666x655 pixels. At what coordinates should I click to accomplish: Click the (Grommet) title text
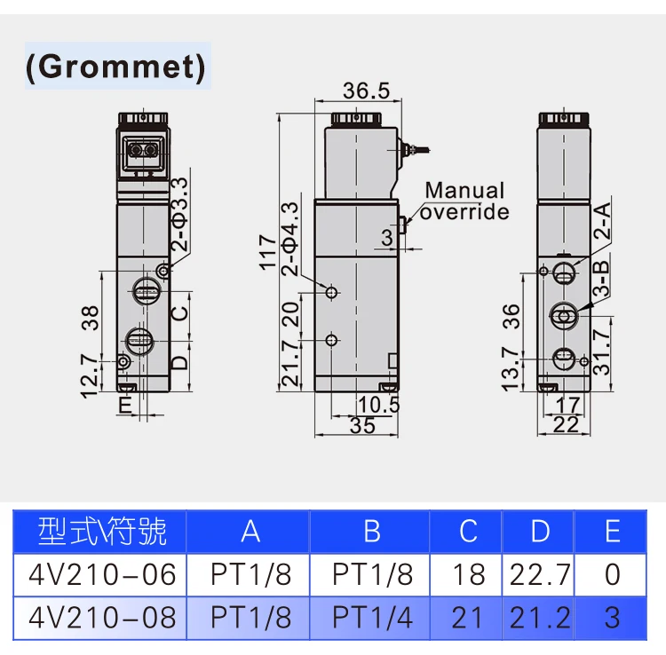pyautogui.click(x=115, y=67)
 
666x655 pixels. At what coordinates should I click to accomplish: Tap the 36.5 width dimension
pyautogui.click(x=366, y=91)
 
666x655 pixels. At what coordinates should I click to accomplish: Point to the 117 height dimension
pyautogui.click(x=268, y=252)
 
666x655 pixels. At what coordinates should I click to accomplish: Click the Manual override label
pyautogui.click(x=464, y=201)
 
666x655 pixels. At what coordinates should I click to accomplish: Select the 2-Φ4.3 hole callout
pyautogui.click(x=290, y=239)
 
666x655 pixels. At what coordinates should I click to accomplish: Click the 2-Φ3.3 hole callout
pyautogui.click(x=179, y=215)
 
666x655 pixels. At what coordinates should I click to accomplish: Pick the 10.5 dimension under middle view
pyautogui.click(x=379, y=405)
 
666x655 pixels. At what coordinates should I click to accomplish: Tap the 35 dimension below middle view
pyautogui.click(x=362, y=425)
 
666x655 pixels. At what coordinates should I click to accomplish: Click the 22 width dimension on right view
pyautogui.click(x=566, y=425)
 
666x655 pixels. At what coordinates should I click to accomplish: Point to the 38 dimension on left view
pyautogui.click(x=90, y=318)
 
